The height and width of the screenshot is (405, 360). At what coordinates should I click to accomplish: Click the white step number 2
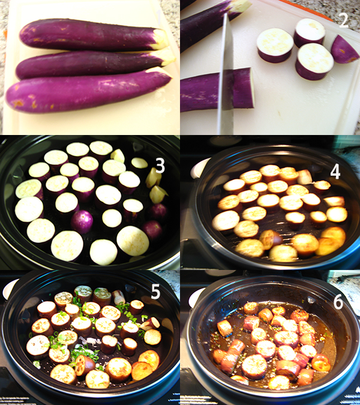(x=343, y=21)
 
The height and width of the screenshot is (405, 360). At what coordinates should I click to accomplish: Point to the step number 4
(x=335, y=172)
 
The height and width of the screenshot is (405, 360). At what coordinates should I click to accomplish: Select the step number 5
(x=155, y=292)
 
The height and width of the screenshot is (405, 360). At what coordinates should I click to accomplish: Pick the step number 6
(x=338, y=302)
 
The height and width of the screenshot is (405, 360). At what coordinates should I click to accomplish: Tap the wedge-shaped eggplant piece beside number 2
(x=344, y=49)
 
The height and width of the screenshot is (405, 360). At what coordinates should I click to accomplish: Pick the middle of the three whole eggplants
(x=90, y=64)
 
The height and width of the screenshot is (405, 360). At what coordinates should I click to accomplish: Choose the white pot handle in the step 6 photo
(x=196, y=296)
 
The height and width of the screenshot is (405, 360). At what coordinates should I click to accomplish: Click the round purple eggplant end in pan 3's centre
(x=82, y=221)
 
